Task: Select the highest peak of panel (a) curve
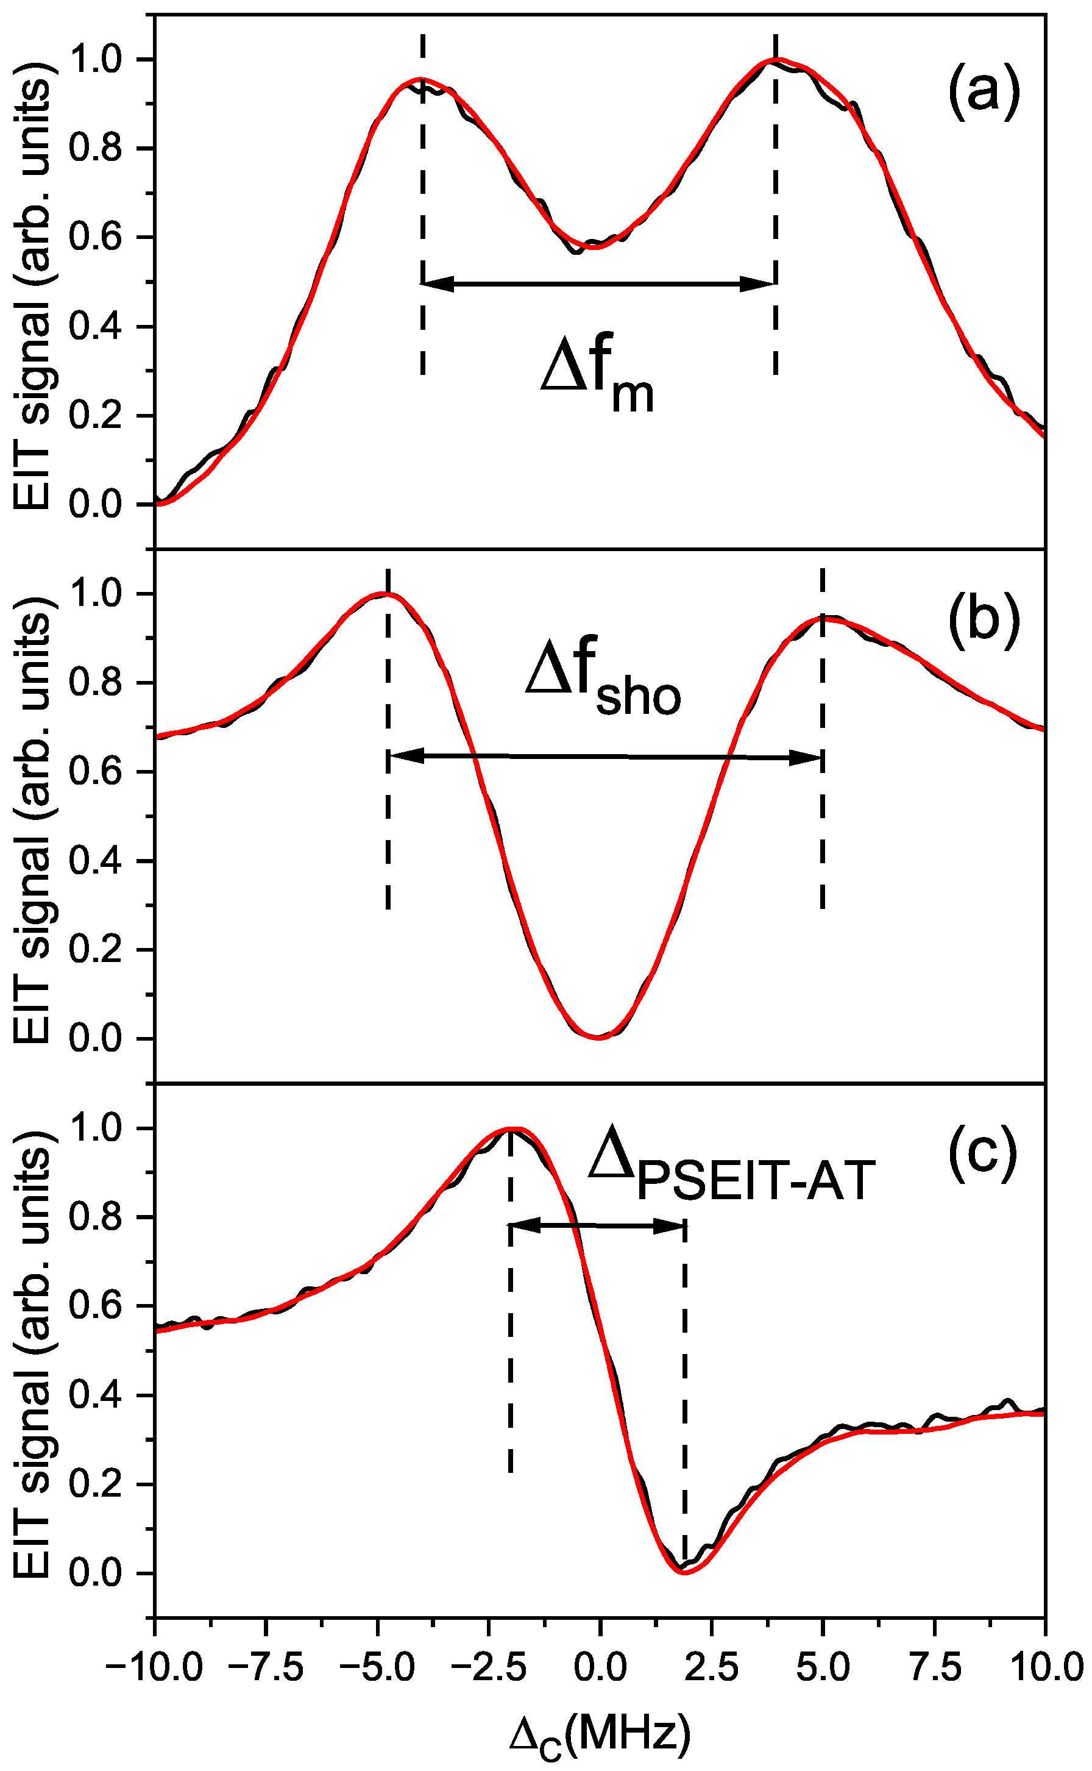775,60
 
